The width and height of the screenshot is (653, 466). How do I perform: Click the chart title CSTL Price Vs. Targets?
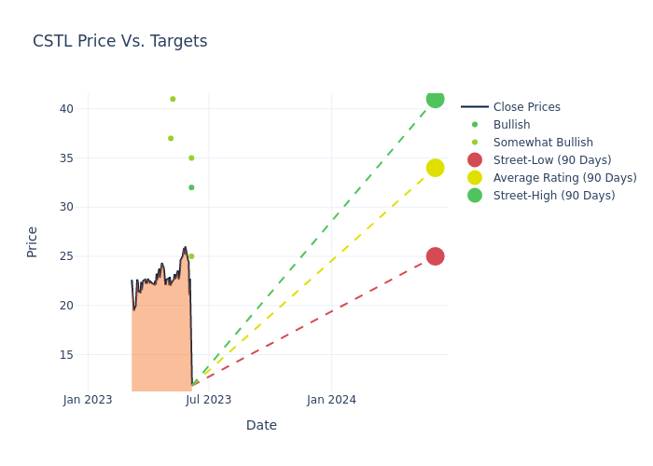tap(119, 42)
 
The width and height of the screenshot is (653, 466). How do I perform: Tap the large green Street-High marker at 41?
tap(435, 99)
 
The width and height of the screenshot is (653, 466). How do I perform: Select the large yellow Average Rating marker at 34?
tap(435, 168)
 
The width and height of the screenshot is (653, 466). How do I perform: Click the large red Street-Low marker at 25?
tap(435, 256)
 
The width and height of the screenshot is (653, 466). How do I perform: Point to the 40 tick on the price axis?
tap(65, 109)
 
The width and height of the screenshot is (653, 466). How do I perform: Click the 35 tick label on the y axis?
tap(65, 158)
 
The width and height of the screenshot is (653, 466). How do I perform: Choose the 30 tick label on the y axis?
tap(65, 207)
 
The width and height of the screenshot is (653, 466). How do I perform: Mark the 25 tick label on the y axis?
tap(65, 256)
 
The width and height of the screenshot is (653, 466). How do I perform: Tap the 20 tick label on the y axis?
tap(65, 306)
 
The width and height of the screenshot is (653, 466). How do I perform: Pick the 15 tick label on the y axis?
tap(65, 355)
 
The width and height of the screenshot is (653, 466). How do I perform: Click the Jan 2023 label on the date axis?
tap(88, 400)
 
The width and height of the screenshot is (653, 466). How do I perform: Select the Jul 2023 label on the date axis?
tap(208, 400)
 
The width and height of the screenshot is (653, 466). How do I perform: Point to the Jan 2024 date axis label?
tap(331, 400)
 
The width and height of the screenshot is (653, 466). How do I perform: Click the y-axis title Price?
tap(33, 241)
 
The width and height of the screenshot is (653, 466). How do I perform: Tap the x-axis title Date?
tap(261, 426)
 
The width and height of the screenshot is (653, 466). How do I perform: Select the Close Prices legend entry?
tap(526, 107)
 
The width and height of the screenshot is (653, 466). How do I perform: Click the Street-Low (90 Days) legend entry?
tap(552, 160)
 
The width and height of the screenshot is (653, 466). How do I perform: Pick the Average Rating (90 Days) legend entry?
tap(564, 178)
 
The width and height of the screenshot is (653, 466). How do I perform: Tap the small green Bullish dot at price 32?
tap(191, 187)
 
